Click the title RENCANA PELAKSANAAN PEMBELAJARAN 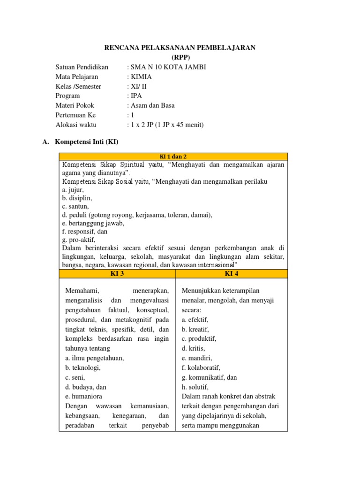pyautogui.click(x=180, y=48)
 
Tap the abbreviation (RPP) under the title pyautogui.click(x=180, y=58)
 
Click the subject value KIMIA pyautogui.click(x=141, y=77)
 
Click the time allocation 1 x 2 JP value pyautogui.click(x=166, y=125)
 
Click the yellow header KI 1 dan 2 pyautogui.click(x=173, y=157)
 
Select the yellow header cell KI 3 pyautogui.click(x=117, y=274)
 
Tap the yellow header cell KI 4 pyautogui.click(x=232, y=274)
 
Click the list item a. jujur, pyautogui.click(x=73, y=190)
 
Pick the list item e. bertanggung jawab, pyautogui.click(x=93, y=223)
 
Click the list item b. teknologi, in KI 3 pyautogui.click(x=83, y=367)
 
